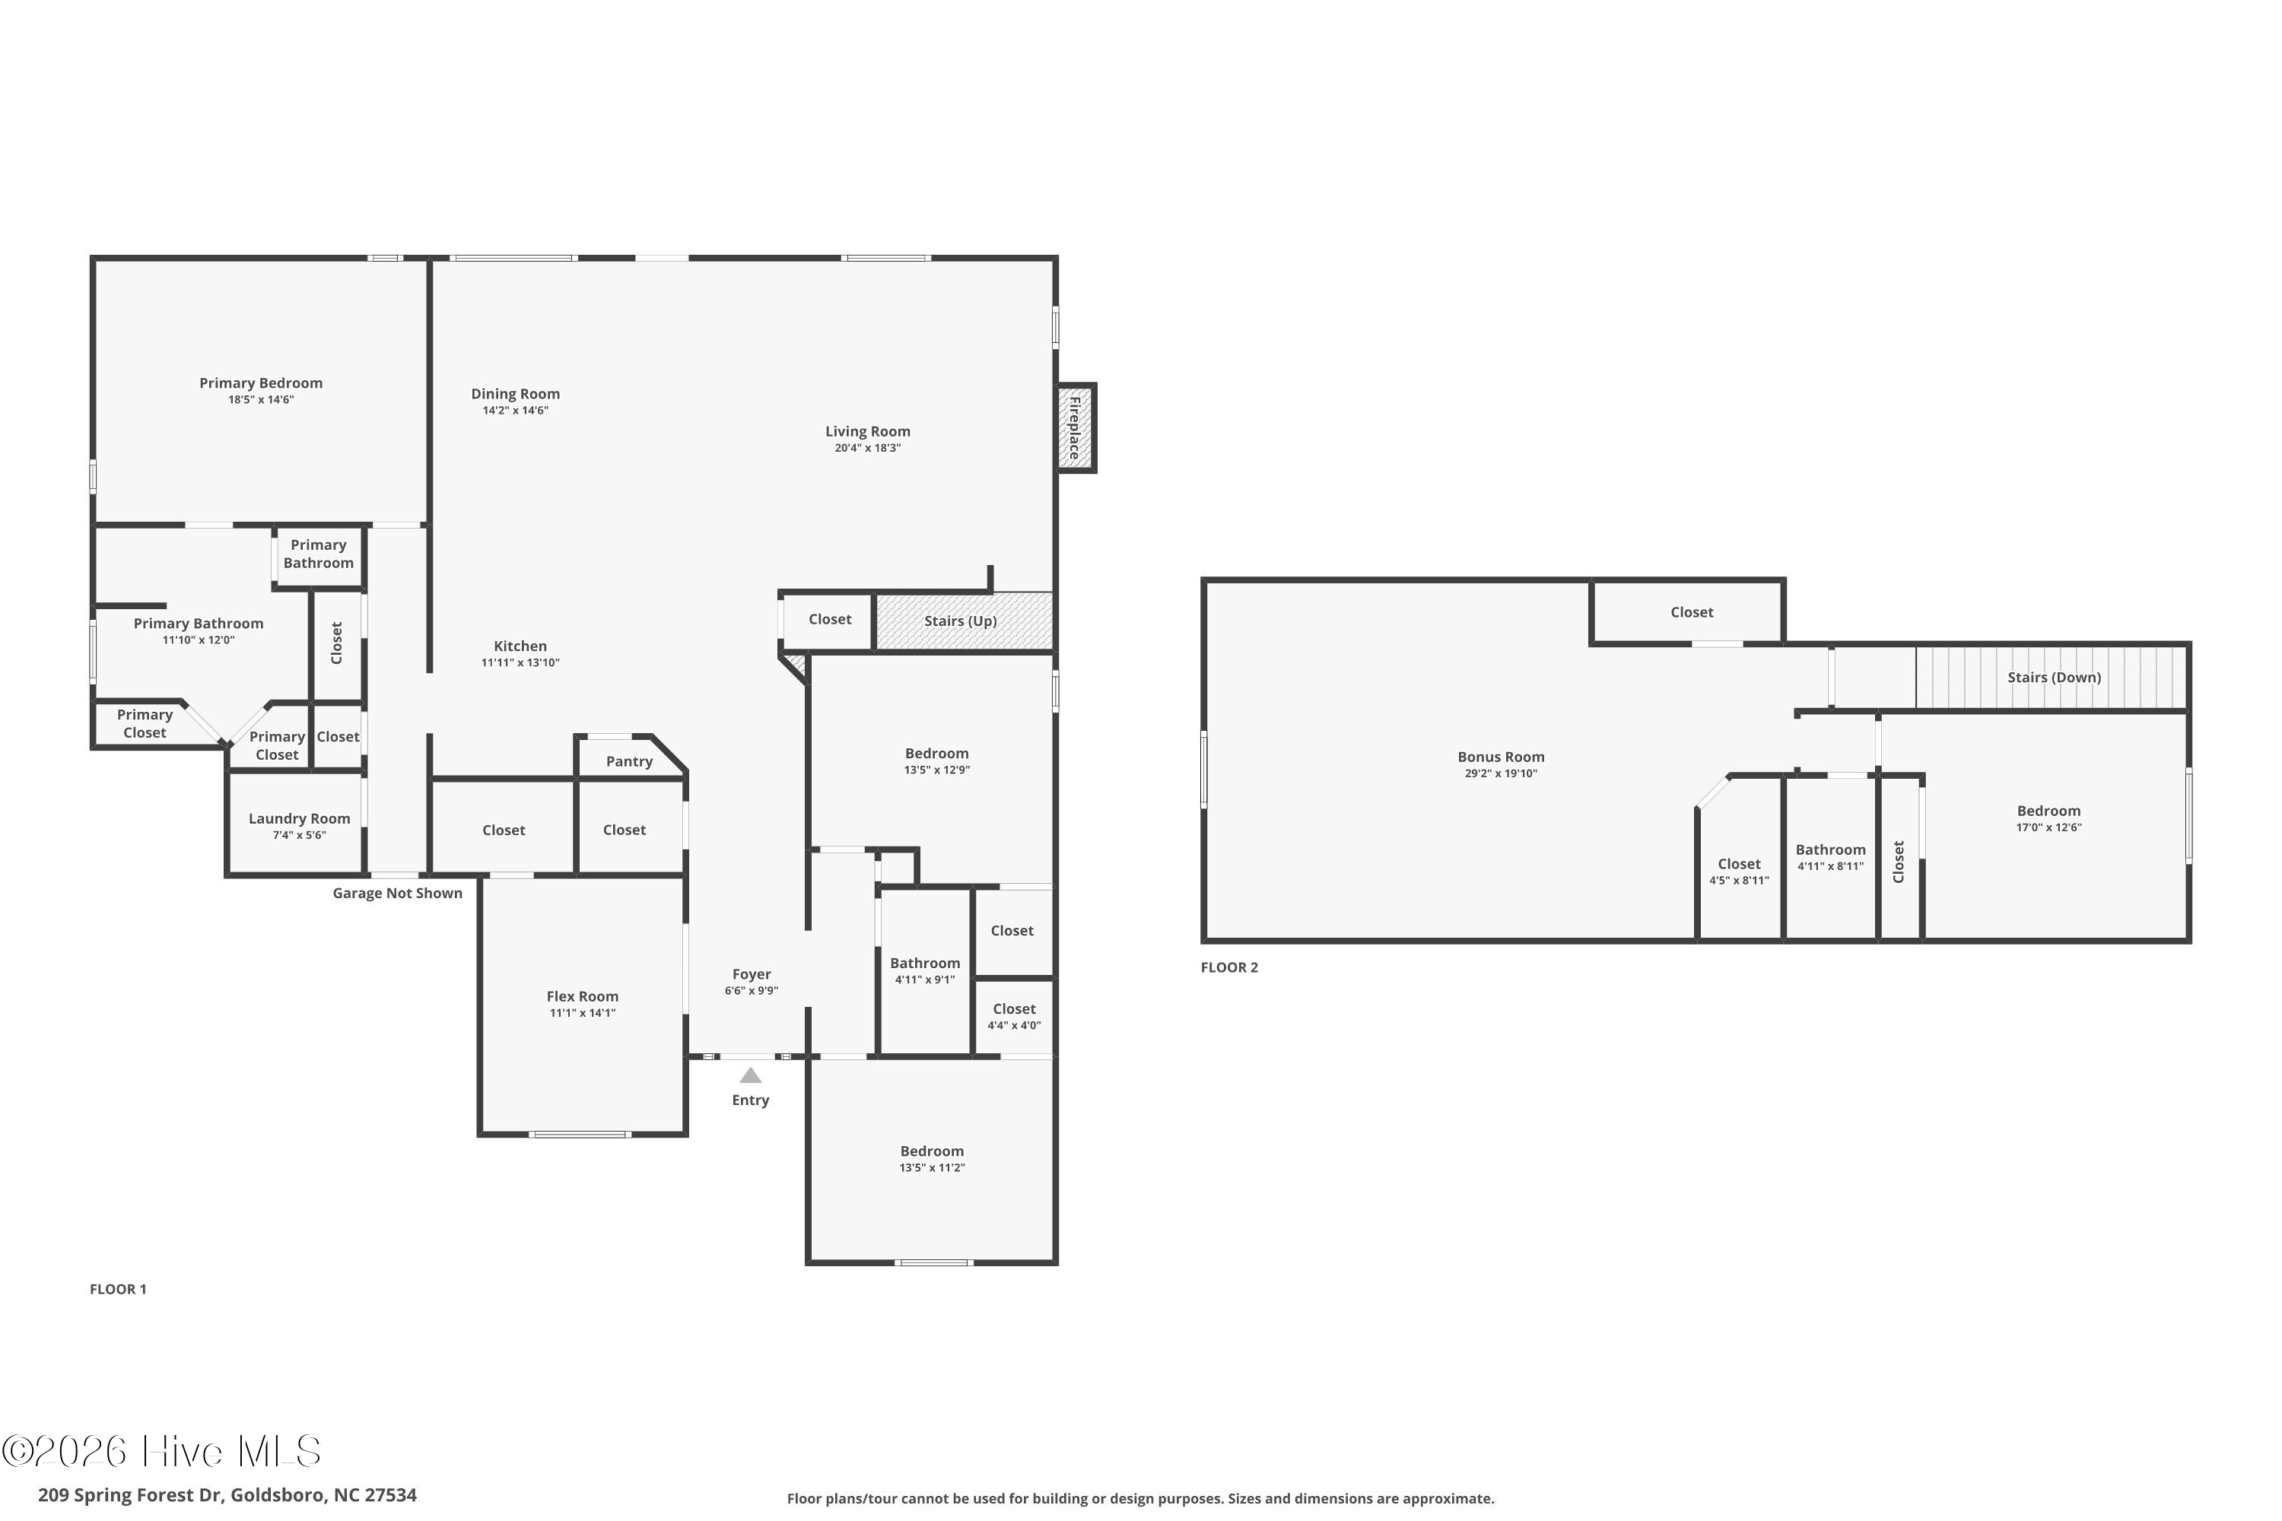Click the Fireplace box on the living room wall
point(1076,427)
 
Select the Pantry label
point(630,761)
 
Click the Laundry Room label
point(299,819)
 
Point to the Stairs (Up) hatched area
point(964,621)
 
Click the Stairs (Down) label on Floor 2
point(2054,677)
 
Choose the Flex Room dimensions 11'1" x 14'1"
point(582,1013)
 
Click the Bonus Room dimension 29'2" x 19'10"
point(1501,773)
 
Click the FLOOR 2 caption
point(1229,967)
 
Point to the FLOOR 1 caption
point(119,1289)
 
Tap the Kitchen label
point(520,646)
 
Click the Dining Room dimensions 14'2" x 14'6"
point(515,411)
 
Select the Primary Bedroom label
point(261,383)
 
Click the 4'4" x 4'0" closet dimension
point(1014,1025)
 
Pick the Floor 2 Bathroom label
point(1830,849)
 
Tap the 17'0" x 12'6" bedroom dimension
point(2048,827)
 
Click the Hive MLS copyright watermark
point(161,1451)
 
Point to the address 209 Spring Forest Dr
point(130,1495)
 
